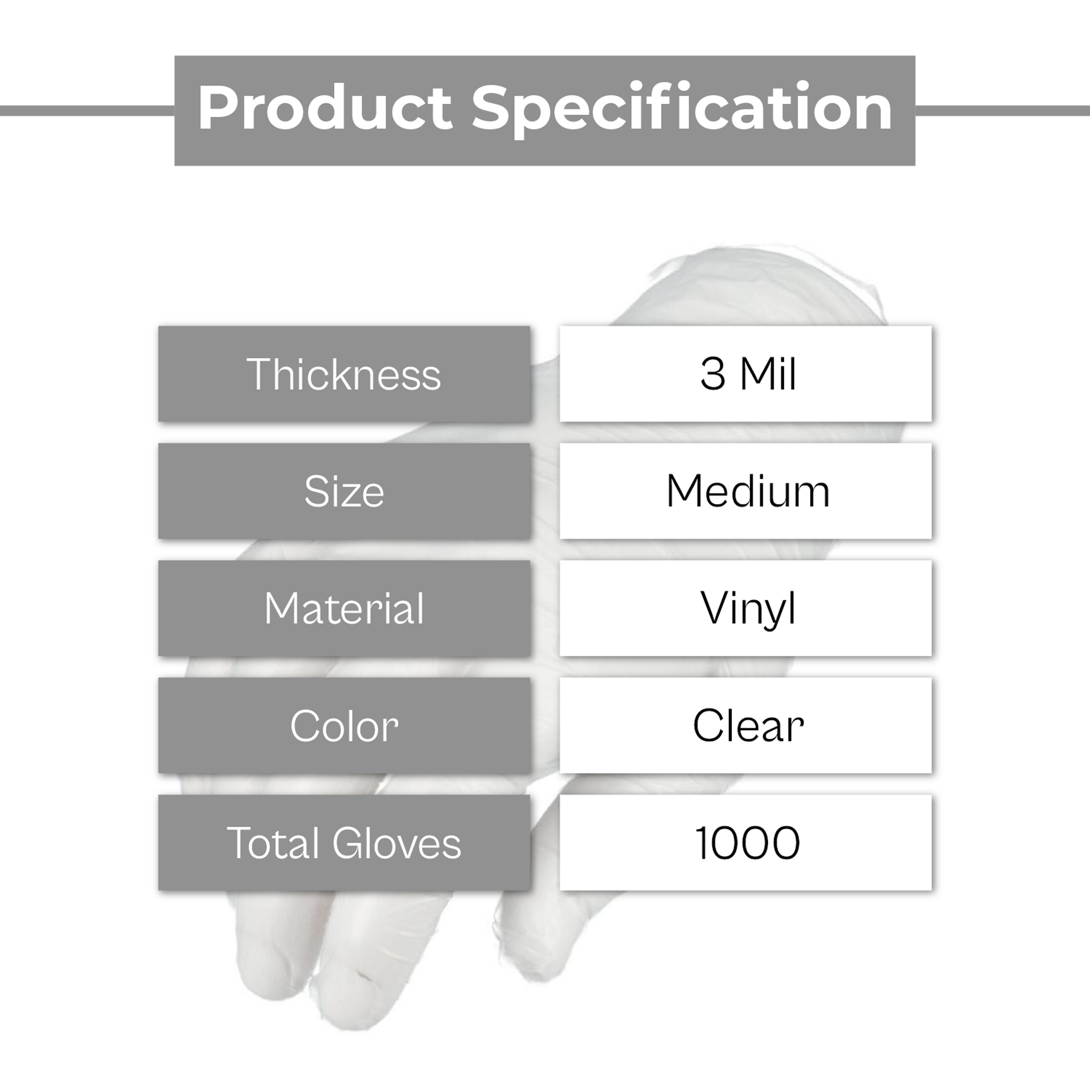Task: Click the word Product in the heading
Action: tap(324, 108)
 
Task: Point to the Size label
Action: tap(344, 491)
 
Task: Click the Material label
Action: tap(344, 608)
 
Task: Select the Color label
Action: tap(344, 726)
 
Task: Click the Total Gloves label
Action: tap(344, 843)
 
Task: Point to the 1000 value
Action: tap(748, 843)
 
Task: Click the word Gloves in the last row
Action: tap(397, 843)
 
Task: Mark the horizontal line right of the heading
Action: tap(1002, 111)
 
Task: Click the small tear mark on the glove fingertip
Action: tap(363, 975)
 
